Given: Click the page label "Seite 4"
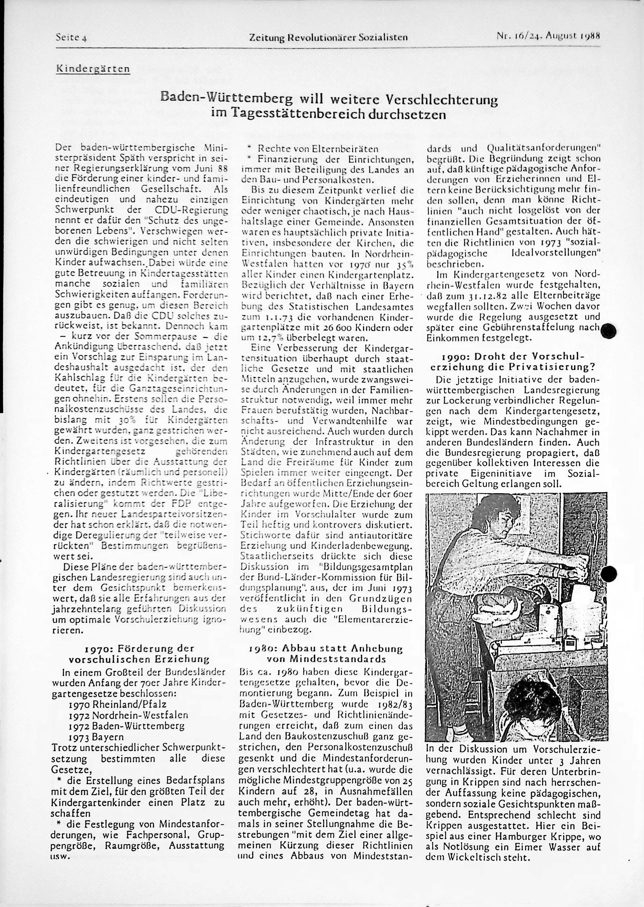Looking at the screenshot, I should click(x=71, y=37).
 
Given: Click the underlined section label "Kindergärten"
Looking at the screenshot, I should click(x=93, y=69).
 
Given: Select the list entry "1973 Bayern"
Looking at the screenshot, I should click(x=96, y=737).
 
